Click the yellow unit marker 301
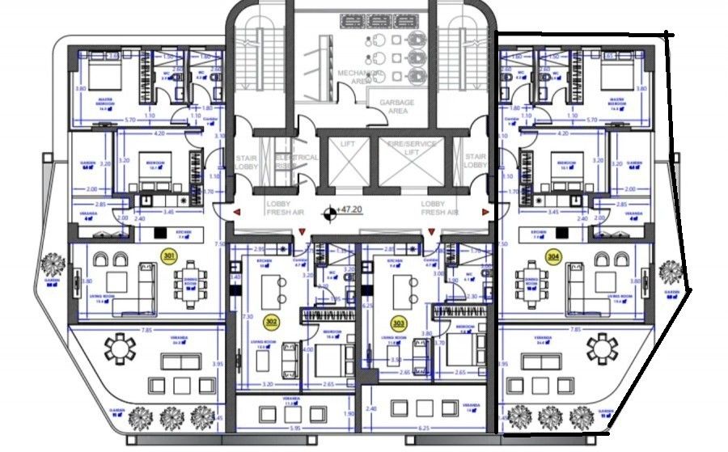pyautogui.click(x=169, y=256)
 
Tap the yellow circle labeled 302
pyautogui.click(x=271, y=321)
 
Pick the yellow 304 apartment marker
pyautogui.click(x=552, y=256)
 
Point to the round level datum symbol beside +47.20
pyautogui.click(x=329, y=213)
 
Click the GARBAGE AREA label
pyautogui.click(x=396, y=108)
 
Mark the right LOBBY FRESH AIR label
pyautogui.click(x=439, y=208)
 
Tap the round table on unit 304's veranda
pyautogui.click(x=601, y=349)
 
